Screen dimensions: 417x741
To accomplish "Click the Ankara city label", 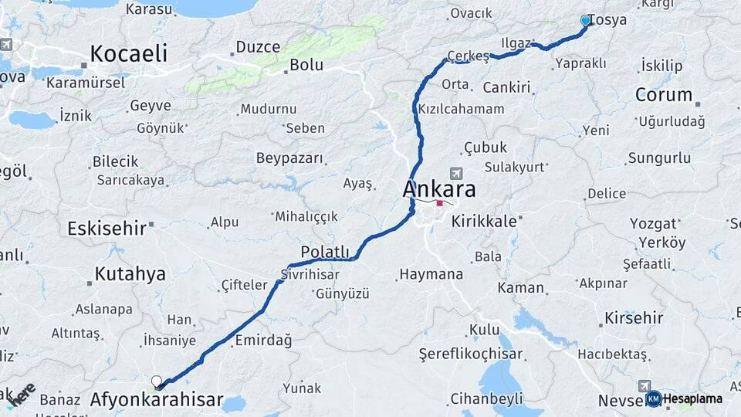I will click(439, 190).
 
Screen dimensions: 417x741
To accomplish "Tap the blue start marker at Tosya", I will click(585, 21).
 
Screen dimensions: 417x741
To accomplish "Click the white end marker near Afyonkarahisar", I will click(157, 381).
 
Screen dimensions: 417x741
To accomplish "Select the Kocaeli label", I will click(128, 53).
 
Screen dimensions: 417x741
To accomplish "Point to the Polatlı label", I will click(325, 252).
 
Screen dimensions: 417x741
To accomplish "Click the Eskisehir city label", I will click(107, 229).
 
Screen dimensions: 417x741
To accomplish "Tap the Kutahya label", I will click(130, 273).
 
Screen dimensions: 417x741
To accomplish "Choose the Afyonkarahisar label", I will click(157, 400).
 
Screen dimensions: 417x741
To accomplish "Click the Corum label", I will click(663, 95).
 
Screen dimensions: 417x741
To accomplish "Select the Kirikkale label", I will click(484, 221).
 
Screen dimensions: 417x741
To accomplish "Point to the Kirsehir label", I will click(634, 317).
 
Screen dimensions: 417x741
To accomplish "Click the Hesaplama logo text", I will click(692, 399).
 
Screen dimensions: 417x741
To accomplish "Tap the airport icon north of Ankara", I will click(456, 173).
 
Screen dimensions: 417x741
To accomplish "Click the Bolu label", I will click(306, 65).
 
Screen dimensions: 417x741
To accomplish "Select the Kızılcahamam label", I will click(461, 109).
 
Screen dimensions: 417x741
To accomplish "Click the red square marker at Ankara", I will click(439, 204).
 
